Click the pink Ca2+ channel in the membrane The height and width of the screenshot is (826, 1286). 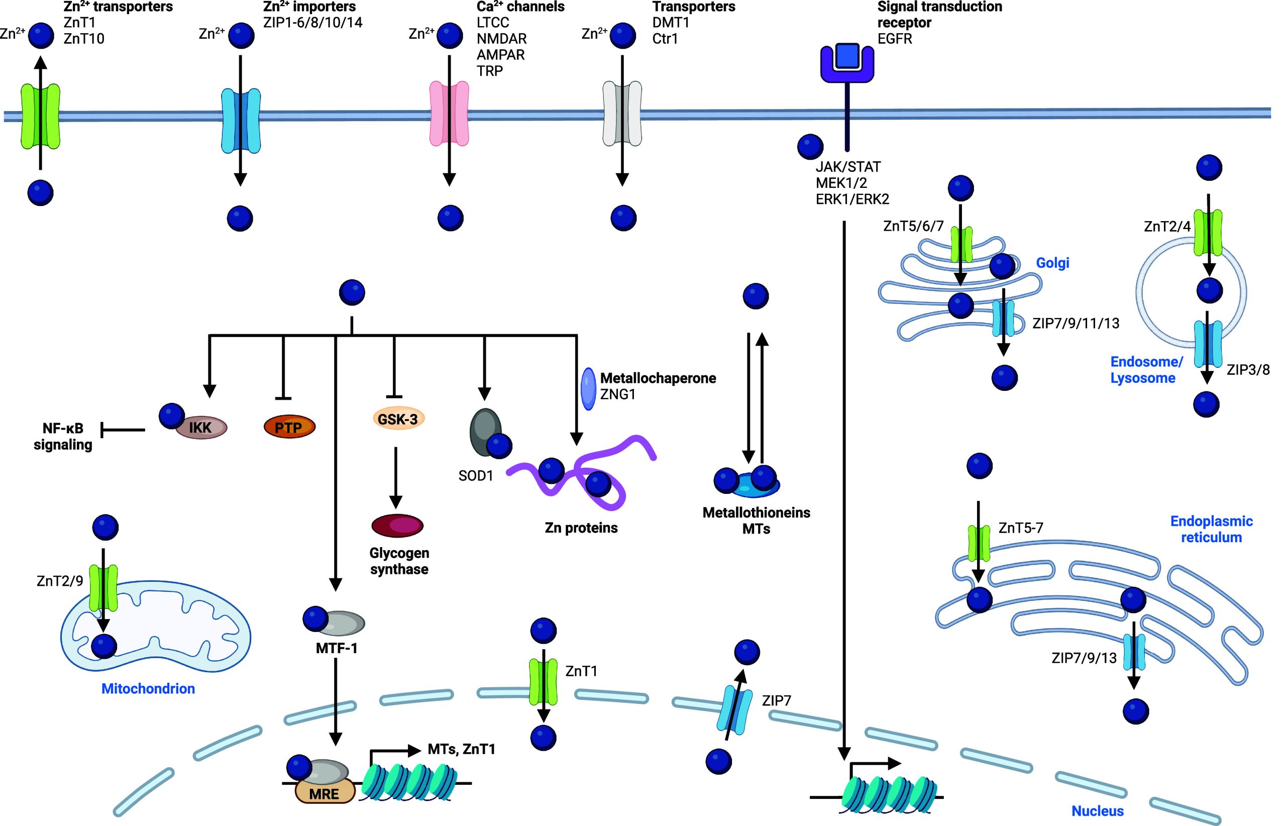point(450,114)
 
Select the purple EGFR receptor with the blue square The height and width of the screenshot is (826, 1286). point(847,62)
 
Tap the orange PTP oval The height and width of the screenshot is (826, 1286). point(289,428)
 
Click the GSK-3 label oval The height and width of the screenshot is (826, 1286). point(398,419)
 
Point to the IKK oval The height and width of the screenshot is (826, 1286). point(201,428)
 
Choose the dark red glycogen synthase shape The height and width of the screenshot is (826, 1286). point(397,525)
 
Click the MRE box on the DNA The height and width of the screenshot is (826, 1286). point(324,793)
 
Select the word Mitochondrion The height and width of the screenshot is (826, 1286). point(148,689)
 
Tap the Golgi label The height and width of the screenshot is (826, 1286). point(1052,263)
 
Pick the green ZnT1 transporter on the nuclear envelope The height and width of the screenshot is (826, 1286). point(543,682)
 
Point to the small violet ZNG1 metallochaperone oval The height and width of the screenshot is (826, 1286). point(589,389)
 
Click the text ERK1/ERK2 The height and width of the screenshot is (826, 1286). point(852,199)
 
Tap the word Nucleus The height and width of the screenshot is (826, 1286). point(1097,811)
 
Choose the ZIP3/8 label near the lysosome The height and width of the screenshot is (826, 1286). point(1248,370)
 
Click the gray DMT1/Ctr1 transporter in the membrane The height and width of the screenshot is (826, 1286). point(622,114)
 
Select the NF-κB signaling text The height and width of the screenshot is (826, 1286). point(63,436)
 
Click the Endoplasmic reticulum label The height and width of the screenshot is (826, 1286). point(1211,529)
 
